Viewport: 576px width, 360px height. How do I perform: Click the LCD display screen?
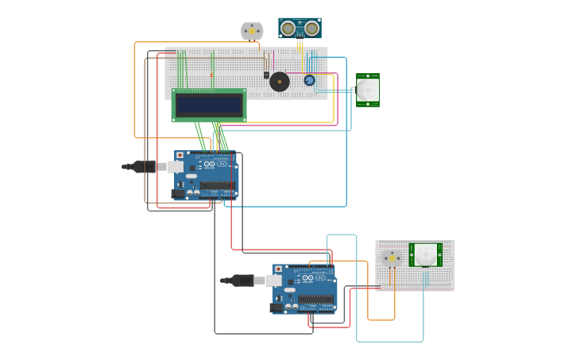pyautogui.click(x=209, y=105)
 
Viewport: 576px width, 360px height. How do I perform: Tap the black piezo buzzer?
pyautogui.click(x=280, y=81)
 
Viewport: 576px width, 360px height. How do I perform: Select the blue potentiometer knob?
pyautogui.click(x=309, y=80)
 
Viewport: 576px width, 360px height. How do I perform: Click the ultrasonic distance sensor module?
pyautogui.click(x=300, y=28)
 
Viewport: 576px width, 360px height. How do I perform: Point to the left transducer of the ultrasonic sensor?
pyautogui.click(x=288, y=29)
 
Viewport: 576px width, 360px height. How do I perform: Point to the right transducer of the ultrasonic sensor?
pyautogui.click(x=312, y=29)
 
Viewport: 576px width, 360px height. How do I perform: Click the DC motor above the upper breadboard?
pyautogui.click(x=252, y=31)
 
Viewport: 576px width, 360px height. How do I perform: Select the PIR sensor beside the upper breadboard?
pyautogui.click(x=368, y=89)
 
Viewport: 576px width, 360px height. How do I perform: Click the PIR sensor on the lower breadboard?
pyautogui.click(x=425, y=254)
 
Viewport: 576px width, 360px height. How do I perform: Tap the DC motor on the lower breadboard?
pyautogui.click(x=392, y=258)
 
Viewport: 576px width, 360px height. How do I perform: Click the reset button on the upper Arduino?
pyautogui.click(x=180, y=156)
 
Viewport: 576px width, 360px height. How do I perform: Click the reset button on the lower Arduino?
pyautogui.click(x=278, y=269)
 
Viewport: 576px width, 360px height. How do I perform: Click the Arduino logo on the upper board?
pyautogui.click(x=211, y=165)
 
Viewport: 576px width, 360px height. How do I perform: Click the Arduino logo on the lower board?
pyautogui.click(x=310, y=279)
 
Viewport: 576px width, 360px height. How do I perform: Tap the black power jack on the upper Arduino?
pyautogui.click(x=177, y=193)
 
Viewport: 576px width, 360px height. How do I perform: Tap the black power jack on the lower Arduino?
pyautogui.click(x=276, y=307)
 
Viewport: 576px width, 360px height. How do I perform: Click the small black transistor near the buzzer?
pyautogui.click(x=266, y=75)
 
